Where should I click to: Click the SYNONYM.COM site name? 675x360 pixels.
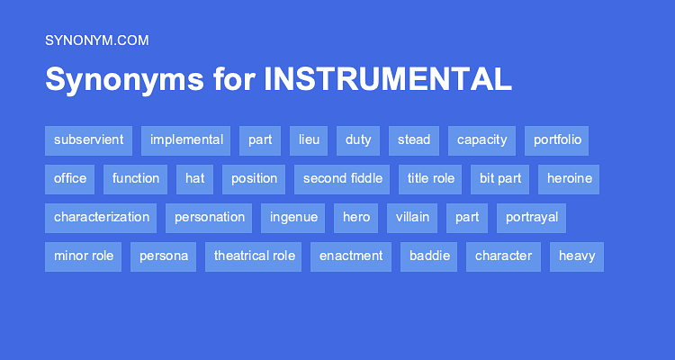[96, 40]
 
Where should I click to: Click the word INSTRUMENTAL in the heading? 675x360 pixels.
[388, 79]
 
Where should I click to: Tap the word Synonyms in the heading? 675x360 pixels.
[125, 79]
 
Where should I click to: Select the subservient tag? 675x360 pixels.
[88, 140]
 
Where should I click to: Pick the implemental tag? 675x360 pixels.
[186, 140]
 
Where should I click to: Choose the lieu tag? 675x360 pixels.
[309, 140]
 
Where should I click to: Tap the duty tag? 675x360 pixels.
[358, 140]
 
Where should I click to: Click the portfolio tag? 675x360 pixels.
[557, 140]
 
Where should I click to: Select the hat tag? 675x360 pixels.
[194, 179]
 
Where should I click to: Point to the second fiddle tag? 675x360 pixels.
[342, 179]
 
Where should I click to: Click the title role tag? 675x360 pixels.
[430, 179]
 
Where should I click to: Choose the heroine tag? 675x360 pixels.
[569, 179]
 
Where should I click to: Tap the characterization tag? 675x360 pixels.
[101, 218]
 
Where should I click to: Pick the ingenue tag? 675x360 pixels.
[292, 218]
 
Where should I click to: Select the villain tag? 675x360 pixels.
[411, 218]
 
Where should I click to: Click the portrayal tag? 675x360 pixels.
[532, 218]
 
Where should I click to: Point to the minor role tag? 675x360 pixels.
[84, 256]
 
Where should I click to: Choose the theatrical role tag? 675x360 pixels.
[254, 256]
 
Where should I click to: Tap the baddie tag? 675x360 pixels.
[428, 256]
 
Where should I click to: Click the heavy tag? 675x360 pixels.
[576, 256]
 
